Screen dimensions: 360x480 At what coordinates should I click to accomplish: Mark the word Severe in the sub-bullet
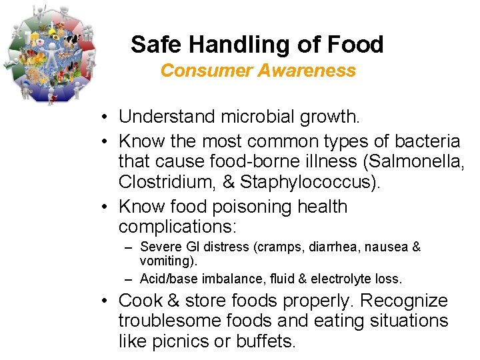(157, 247)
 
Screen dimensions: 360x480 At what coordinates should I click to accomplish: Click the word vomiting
(161, 259)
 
